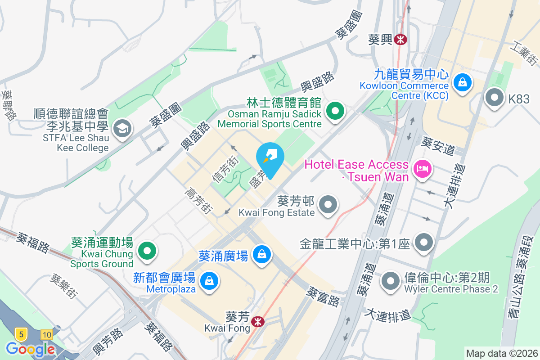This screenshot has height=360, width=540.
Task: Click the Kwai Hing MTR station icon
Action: pos(400,40)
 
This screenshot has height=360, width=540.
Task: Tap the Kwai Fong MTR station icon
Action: pos(258,321)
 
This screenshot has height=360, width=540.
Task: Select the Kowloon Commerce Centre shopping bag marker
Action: pos(462,82)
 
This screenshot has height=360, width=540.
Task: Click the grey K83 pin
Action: pos(495,98)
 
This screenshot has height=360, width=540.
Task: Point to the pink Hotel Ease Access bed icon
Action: pos(423,170)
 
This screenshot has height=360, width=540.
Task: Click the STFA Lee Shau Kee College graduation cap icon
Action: pos(121,129)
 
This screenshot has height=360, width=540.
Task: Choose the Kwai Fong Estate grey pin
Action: pos(328,205)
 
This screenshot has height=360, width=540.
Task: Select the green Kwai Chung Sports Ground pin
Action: pos(147,251)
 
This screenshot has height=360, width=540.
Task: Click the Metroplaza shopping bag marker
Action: pos(209,281)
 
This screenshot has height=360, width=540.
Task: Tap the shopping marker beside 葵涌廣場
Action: pos(261,255)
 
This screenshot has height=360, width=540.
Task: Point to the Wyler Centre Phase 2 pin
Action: pos(390,282)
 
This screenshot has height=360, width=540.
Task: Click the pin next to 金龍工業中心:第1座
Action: pos(423,243)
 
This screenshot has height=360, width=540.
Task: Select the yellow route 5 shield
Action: pos(20,334)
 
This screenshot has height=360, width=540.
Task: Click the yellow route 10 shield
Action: pos(46,334)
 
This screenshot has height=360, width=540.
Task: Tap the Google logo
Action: pos(30,349)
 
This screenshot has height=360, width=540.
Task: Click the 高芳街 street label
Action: pos(198,202)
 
